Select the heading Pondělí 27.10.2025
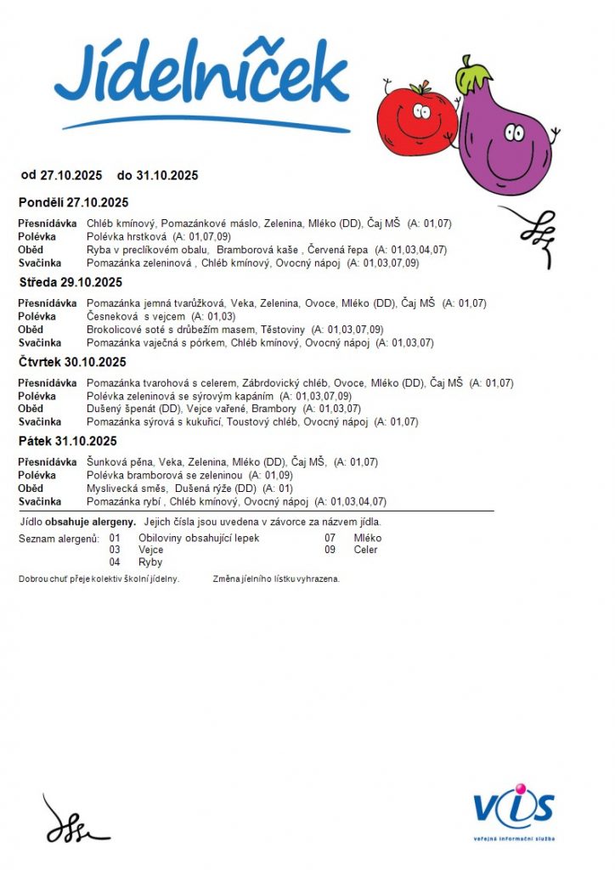click(73, 202)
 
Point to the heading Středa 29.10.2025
click(71, 282)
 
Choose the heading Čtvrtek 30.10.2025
click(71, 362)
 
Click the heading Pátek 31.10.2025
click(68, 441)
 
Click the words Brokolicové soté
click(124, 329)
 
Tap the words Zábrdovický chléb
click(288, 383)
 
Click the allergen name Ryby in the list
click(150, 562)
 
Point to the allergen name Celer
click(365, 550)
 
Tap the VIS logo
click(513, 810)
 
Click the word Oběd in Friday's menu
click(31, 489)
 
